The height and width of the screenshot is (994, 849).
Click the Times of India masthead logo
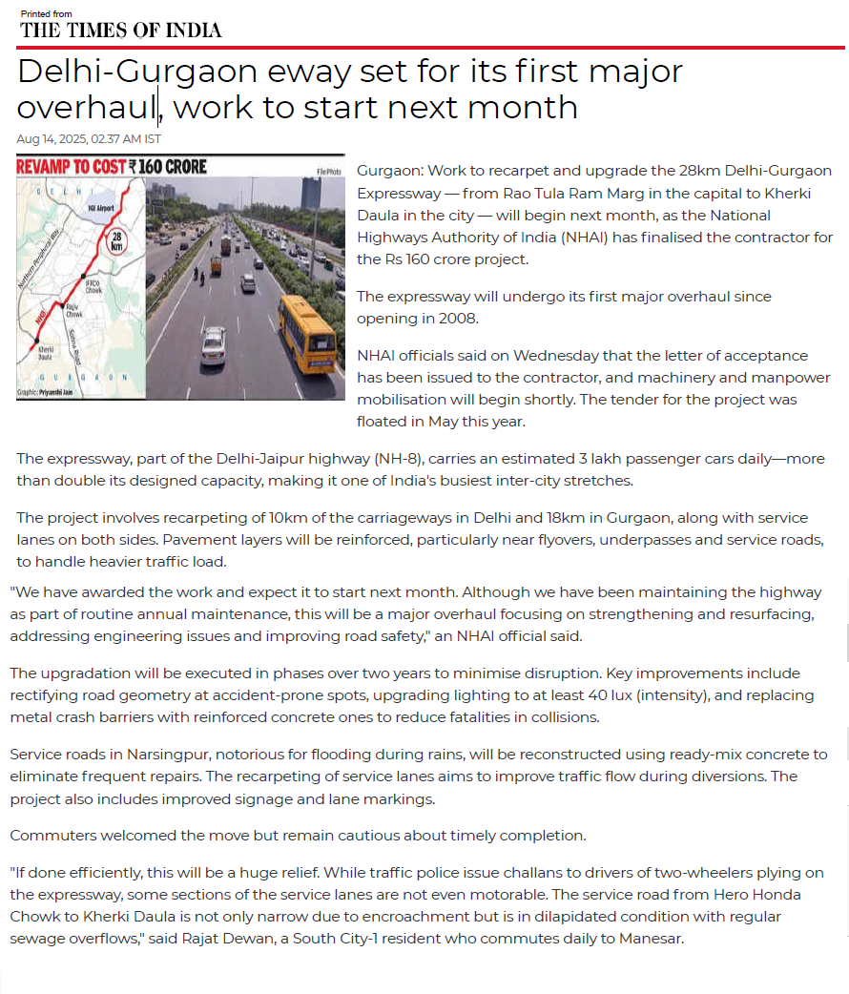121,30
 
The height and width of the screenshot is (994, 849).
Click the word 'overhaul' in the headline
86,107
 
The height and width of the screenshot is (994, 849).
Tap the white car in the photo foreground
214,345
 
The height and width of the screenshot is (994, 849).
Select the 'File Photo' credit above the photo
330,172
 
